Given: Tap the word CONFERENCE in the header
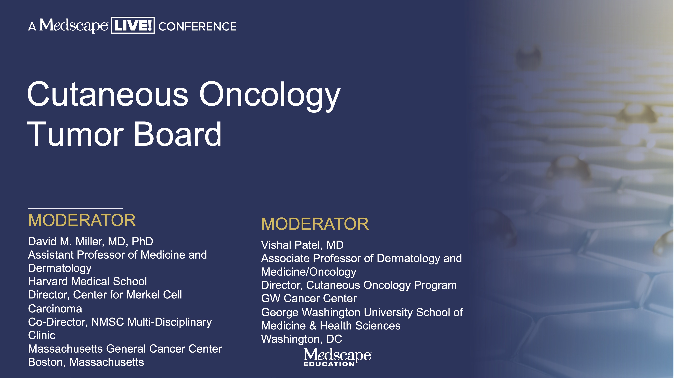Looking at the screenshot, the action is point(198,26).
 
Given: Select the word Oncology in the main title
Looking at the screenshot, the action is point(270,96).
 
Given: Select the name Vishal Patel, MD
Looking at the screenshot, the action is point(302,245).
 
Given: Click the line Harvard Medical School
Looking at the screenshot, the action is point(87,281).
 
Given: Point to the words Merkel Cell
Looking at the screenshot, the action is point(154,295).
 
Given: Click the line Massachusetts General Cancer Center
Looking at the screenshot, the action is point(125,349).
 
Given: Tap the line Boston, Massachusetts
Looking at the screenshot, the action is point(86,362).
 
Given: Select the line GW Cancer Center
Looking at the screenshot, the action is point(309,298).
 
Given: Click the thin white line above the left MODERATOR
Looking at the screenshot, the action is point(75,208).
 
